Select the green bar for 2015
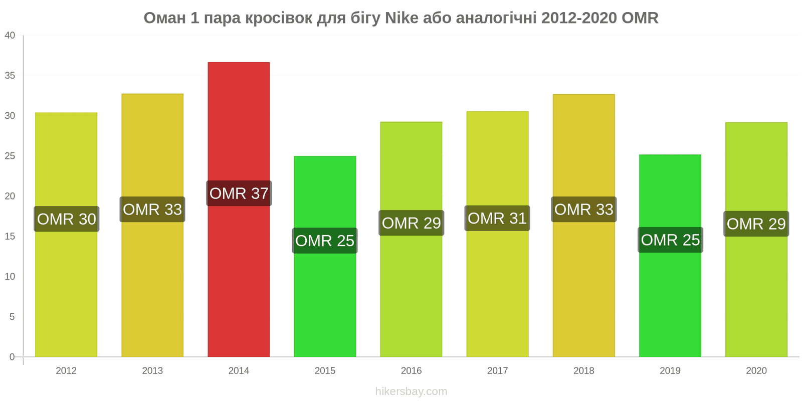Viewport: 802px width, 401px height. point(325,301)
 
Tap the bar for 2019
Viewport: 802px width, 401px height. point(670,301)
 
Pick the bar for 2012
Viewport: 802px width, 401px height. point(66,291)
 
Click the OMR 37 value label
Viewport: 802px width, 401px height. point(239,193)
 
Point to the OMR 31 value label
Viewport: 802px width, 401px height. point(497,219)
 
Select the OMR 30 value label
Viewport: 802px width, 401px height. point(67,219)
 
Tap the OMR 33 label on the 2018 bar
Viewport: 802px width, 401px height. point(584,210)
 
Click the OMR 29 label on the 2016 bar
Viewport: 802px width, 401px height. point(412,223)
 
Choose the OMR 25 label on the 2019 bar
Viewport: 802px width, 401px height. point(670,240)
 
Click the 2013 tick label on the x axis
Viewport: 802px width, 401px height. point(152,371)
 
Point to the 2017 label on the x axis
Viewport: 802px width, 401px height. point(497,371)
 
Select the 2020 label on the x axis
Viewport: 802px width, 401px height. point(756,371)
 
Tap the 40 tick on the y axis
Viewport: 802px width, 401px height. point(10,36)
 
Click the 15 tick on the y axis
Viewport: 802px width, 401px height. point(10,237)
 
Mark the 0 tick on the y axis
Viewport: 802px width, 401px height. point(12,357)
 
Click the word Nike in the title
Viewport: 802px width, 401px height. point(401,18)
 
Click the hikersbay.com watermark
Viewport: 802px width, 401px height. point(411,391)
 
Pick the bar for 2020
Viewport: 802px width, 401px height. point(756,301)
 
